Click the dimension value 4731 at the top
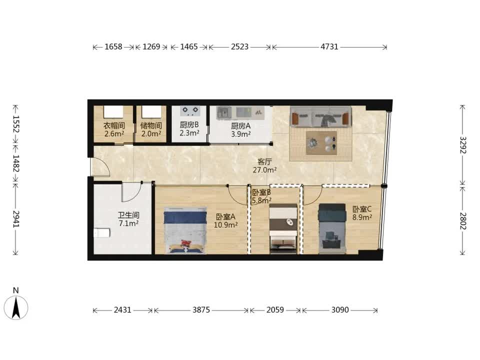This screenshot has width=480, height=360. click(x=329, y=47)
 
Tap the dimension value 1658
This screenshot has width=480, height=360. click(x=113, y=47)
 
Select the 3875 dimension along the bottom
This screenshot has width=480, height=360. click(x=201, y=310)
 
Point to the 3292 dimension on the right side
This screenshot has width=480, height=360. click(x=462, y=145)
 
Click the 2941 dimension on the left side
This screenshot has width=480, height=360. click(x=16, y=219)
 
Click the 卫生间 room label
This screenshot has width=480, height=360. click(x=128, y=215)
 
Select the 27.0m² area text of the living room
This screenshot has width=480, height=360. click(x=265, y=170)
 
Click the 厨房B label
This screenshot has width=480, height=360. click(x=189, y=125)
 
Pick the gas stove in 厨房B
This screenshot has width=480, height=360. click(x=190, y=111)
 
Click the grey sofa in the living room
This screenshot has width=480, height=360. click(x=320, y=116)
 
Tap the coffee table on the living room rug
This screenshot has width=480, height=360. click(x=321, y=143)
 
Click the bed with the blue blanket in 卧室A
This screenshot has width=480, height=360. click(x=184, y=230)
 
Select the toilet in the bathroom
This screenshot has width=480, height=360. click(x=101, y=233)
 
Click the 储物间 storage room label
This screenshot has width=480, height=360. click(x=151, y=125)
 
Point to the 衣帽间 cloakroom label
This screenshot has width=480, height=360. click(x=114, y=125)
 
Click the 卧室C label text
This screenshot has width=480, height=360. click(x=362, y=209)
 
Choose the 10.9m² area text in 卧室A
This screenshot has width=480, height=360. click(x=226, y=225)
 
